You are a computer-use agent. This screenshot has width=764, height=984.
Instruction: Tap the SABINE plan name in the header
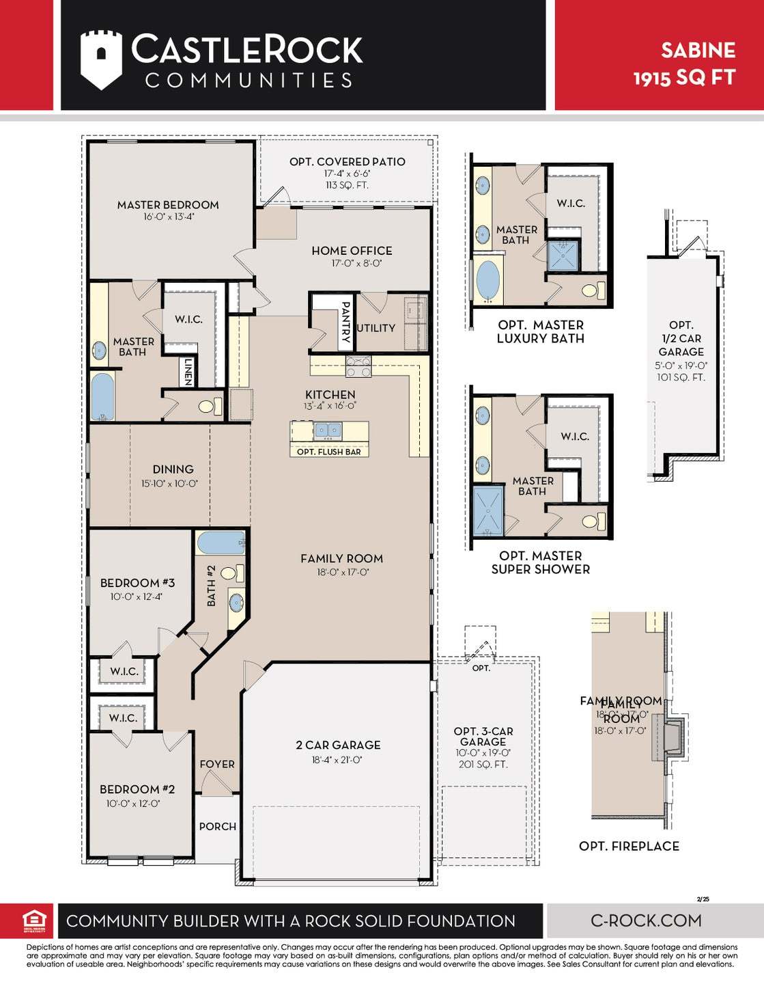tap(697, 51)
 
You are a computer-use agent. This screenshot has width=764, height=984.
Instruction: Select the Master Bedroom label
tap(168, 205)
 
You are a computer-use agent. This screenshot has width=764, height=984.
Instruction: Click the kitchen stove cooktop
tap(358, 367)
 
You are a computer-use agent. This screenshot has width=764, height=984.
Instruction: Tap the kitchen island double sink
tap(328, 430)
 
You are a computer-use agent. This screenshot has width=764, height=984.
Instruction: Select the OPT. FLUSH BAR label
tap(329, 452)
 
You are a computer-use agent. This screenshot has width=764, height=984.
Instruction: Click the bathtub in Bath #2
tap(221, 544)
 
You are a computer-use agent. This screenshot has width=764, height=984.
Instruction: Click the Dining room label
tap(173, 469)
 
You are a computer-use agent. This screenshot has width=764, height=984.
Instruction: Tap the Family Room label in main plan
tap(341, 558)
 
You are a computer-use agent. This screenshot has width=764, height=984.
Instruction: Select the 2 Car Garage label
tap(338, 745)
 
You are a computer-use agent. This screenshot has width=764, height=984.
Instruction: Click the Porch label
tap(218, 826)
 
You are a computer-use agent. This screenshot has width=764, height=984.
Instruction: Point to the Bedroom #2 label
tap(137, 789)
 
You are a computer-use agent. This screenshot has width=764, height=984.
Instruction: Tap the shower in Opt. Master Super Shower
tap(487, 510)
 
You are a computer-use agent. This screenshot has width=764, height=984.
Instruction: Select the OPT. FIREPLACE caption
tap(629, 846)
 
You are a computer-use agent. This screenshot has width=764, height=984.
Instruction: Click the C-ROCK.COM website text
tap(646, 920)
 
